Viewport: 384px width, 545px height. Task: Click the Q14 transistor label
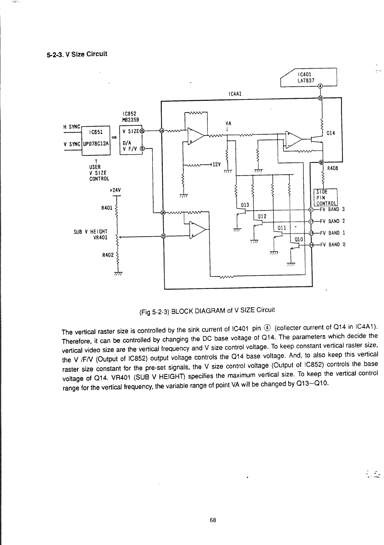click(330, 133)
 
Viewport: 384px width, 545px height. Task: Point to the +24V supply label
click(115, 190)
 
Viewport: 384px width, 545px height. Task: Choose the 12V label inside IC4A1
click(215, 164)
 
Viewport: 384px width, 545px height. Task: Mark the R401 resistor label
click(107, 208)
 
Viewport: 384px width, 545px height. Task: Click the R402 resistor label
click(107, 254)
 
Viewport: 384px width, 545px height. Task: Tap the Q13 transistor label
click(245, 205)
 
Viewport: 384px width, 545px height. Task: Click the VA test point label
click(228, 123)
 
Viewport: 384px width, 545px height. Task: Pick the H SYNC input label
click(71, 127)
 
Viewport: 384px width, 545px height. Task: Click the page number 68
click(213, 520)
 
